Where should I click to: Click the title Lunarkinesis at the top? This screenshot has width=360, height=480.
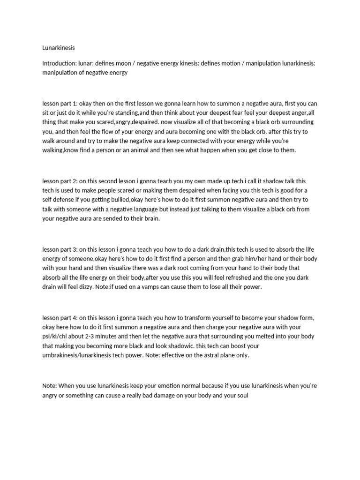pos(59,47)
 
